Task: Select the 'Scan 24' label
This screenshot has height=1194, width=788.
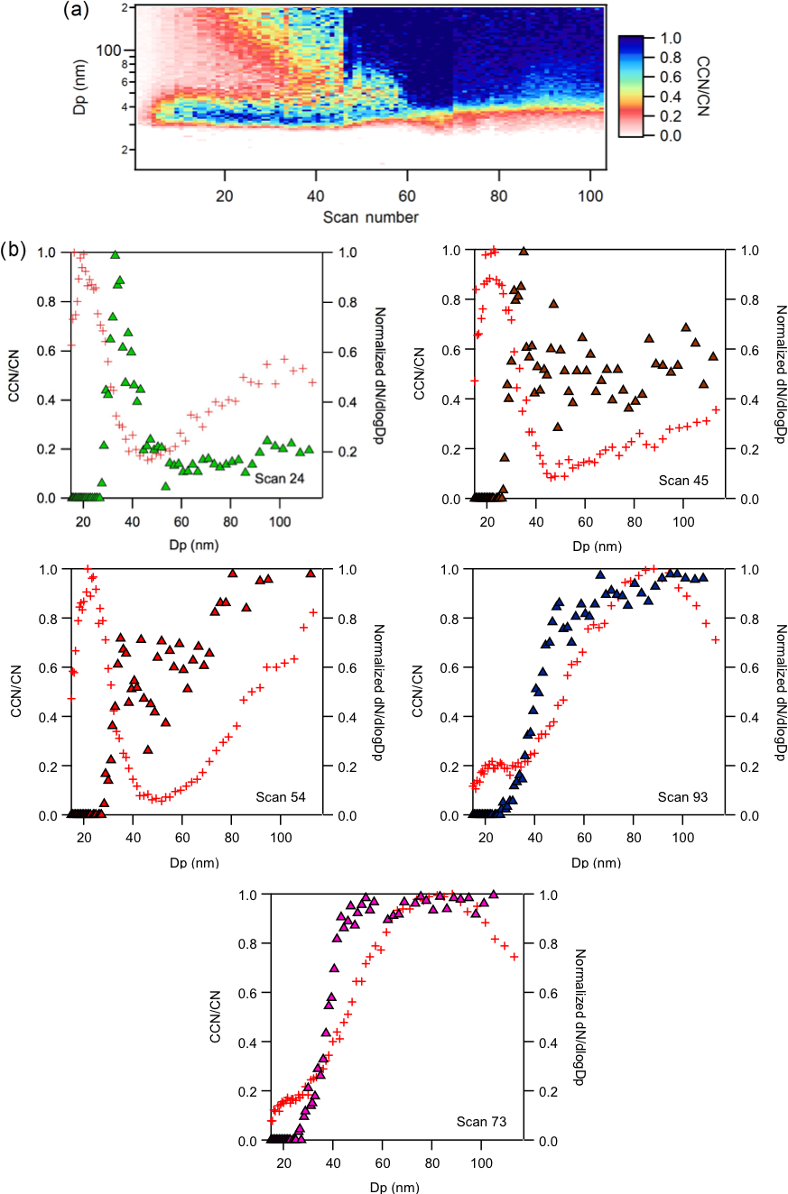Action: [278, 478]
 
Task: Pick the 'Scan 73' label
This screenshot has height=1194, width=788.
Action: [480, 1122]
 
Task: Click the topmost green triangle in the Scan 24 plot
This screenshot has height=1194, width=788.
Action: [115, 254]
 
